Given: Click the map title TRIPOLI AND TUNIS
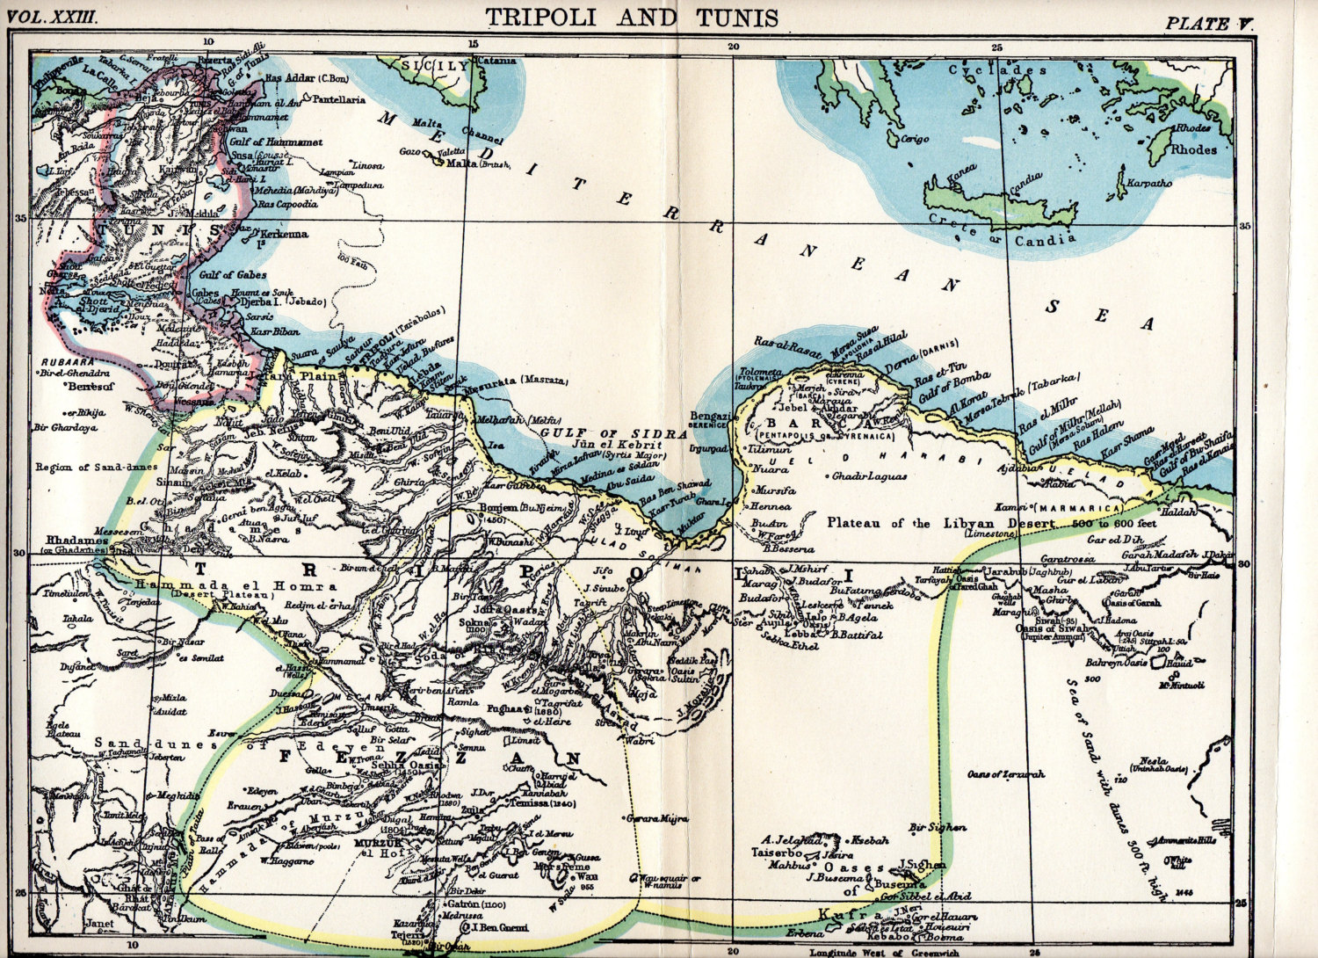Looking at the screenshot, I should [x=632, y=17].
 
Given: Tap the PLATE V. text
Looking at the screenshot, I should [x=1209, y=24].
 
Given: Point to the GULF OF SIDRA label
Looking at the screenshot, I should [x=613, y=433].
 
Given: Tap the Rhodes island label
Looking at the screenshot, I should [x=1192, y=149].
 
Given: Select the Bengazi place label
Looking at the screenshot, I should [x=711, y=416].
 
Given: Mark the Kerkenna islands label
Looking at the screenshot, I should [x=282, y=235].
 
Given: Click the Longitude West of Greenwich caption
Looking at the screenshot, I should [x=884, y=952].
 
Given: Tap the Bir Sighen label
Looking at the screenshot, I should [x=938, y=827].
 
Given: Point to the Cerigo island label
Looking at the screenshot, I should [x=915, y=140].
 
